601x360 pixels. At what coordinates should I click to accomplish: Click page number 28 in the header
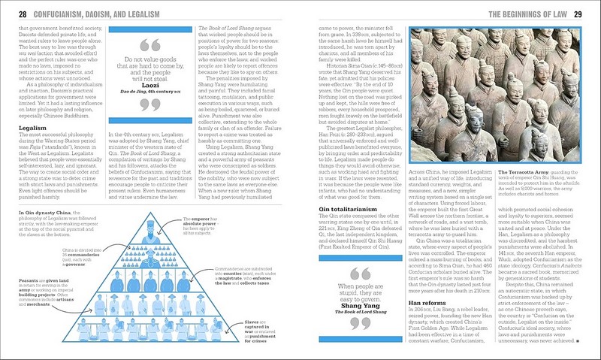click(x=22, y=14)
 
